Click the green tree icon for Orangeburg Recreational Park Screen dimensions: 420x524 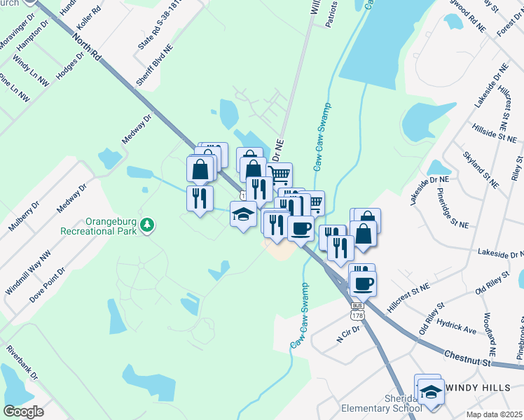click(148, 225)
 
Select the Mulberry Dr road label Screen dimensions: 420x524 click(21, 218)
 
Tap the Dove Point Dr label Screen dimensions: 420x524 click(48, 283)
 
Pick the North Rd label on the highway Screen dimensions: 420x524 click(87, 40)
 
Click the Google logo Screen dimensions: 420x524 click(24, 411)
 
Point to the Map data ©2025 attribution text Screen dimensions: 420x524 click(494, 414)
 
